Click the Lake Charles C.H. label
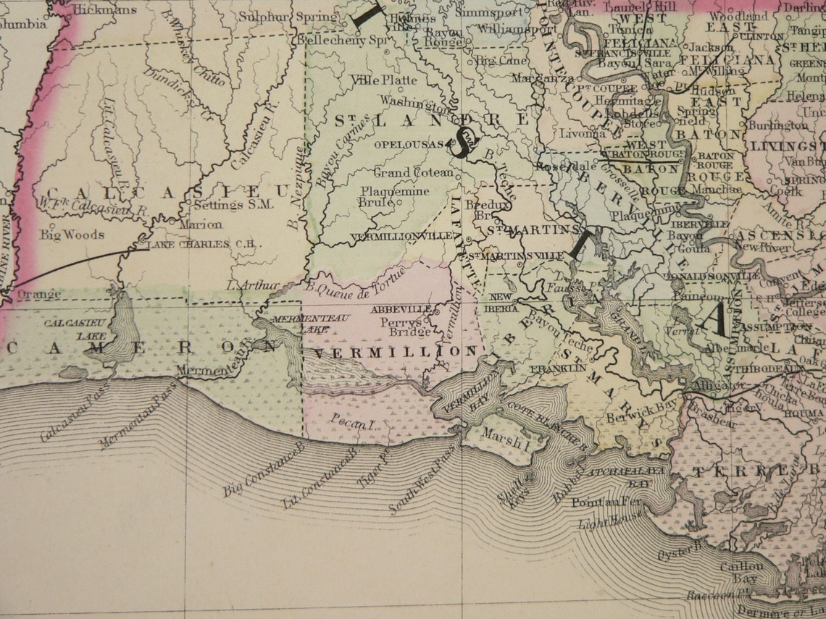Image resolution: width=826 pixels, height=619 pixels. point(204,245)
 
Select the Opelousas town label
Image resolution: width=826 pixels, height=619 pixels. point(407,145)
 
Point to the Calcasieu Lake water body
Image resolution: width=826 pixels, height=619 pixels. point(120,333)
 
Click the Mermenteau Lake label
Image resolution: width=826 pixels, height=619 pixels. point(301,323)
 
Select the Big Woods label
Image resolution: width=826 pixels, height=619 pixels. point(72,235)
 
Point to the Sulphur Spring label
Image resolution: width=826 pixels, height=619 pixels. point(288,16)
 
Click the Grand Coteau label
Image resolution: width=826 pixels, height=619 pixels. point(414,172)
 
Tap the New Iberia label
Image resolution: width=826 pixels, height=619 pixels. point(503,303)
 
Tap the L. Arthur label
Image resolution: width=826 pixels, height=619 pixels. point(253,286)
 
